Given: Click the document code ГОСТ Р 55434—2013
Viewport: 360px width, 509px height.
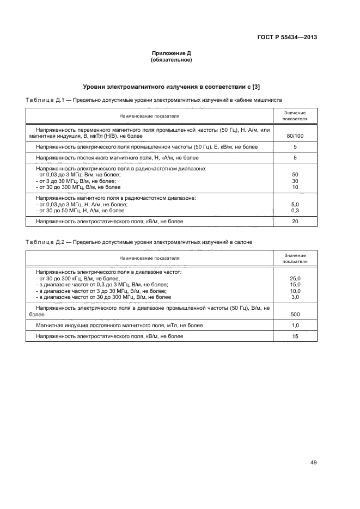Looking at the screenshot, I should [x=287, y=38].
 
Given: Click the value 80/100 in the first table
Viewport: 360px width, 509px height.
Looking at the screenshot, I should [x=295, y=135].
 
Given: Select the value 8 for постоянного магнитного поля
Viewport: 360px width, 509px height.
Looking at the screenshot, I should [x=295, y=158].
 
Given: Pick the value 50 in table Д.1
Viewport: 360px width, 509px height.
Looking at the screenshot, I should [x=295, y=175].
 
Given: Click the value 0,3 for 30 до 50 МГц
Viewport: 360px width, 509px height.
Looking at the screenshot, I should [x=295, y=210].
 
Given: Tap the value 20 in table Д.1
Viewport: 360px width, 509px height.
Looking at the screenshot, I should [x=295, y=222].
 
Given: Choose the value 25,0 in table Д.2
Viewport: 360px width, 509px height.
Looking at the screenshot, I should [x=295, y=278].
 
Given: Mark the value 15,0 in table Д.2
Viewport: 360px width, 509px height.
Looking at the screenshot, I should [x=295, y=285].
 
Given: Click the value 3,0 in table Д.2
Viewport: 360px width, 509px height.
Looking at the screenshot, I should [x=295, y=297].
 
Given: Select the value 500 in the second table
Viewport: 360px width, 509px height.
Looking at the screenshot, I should [x=295, y=314].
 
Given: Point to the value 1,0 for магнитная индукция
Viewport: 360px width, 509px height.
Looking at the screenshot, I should [x=295, y=326].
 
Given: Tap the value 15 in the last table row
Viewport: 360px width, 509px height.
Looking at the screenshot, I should [x=295, y=336].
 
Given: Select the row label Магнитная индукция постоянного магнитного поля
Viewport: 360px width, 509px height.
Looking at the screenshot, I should [x=119, y=326].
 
